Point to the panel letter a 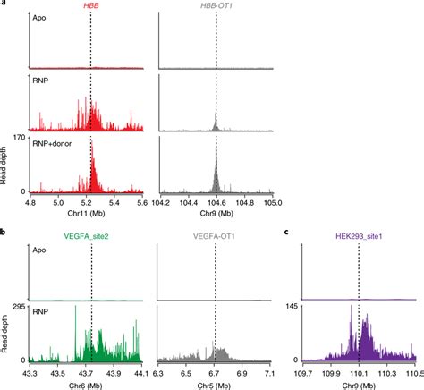click(4, 6)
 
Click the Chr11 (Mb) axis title click(87, 214)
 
